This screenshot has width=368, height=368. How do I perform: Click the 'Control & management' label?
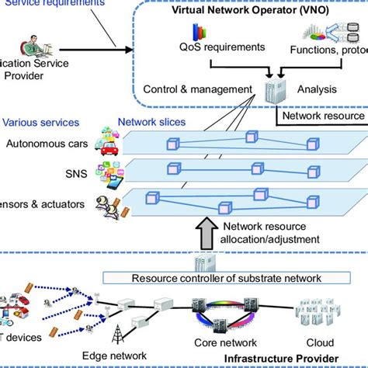click(x=199, y=89)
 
